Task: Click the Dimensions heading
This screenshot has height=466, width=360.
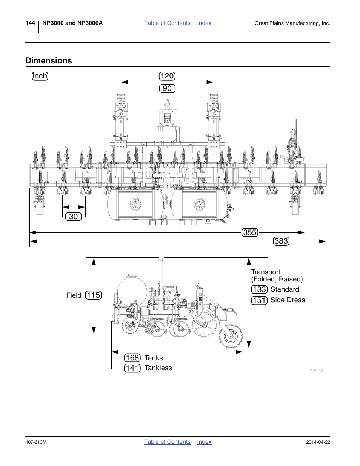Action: click(x=49, y=61)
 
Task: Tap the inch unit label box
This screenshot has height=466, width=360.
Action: click(x=40, y=76)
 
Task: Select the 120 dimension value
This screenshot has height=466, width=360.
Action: click(x=167, y=76)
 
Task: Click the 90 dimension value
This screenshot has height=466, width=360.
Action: click(x=167, y=89)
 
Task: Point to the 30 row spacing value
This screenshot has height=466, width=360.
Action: click(x=73, y=217)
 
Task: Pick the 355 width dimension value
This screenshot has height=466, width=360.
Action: click(x=250, y=232)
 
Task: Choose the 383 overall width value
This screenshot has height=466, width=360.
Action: click(x=281, y=241)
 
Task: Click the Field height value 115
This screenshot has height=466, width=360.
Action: click(x=93, y=295)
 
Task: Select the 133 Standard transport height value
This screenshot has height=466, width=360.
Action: click(x=259, y=289)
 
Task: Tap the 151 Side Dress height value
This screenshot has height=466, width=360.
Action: click(x=259, y=300)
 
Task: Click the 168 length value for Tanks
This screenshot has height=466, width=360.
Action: click(x=132, y=358)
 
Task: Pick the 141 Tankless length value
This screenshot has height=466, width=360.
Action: click(x=132, y=368)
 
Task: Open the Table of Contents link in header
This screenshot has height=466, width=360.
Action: click(x=167, y=23)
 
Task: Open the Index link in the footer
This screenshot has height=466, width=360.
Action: click(x=204, y=442)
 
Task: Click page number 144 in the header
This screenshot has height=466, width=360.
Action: click(x=30, y=23)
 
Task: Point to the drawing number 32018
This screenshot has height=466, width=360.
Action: click(x=316, y=371)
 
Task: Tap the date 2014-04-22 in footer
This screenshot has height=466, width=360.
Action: click(x=318, y=442)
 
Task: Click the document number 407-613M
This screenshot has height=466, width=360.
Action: click(x=36, y=442)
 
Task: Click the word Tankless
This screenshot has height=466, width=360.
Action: click(x=158, y=368)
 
